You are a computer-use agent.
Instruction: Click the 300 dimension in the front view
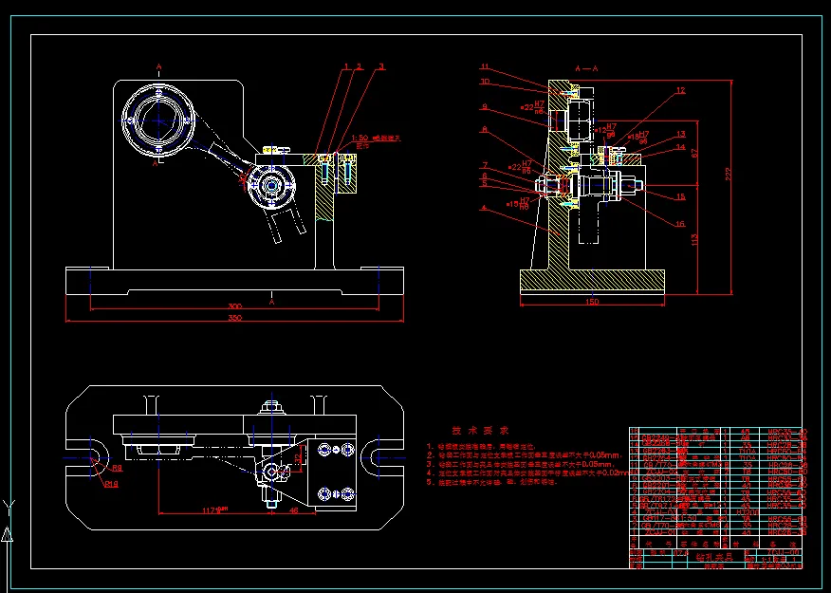coord(233,307)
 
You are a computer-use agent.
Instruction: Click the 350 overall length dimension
coord(233,319)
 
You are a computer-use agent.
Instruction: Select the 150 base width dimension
coord(591,303)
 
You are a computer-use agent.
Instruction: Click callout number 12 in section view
coord(680,91)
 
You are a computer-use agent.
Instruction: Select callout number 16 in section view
coord(680,225)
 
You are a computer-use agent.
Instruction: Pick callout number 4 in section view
coord(484,208)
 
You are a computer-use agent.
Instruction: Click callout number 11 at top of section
coord(484,67)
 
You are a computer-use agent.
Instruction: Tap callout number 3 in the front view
coord(381,67)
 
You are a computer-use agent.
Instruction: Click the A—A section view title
coord(588,69)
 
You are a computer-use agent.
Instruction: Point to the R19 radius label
coord(111,485)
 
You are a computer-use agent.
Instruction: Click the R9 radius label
coord(118,469)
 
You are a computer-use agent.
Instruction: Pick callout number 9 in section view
coord(484,107)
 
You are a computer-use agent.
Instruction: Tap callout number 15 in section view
coord(680,197)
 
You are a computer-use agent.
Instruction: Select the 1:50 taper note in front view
coord(361,139)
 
